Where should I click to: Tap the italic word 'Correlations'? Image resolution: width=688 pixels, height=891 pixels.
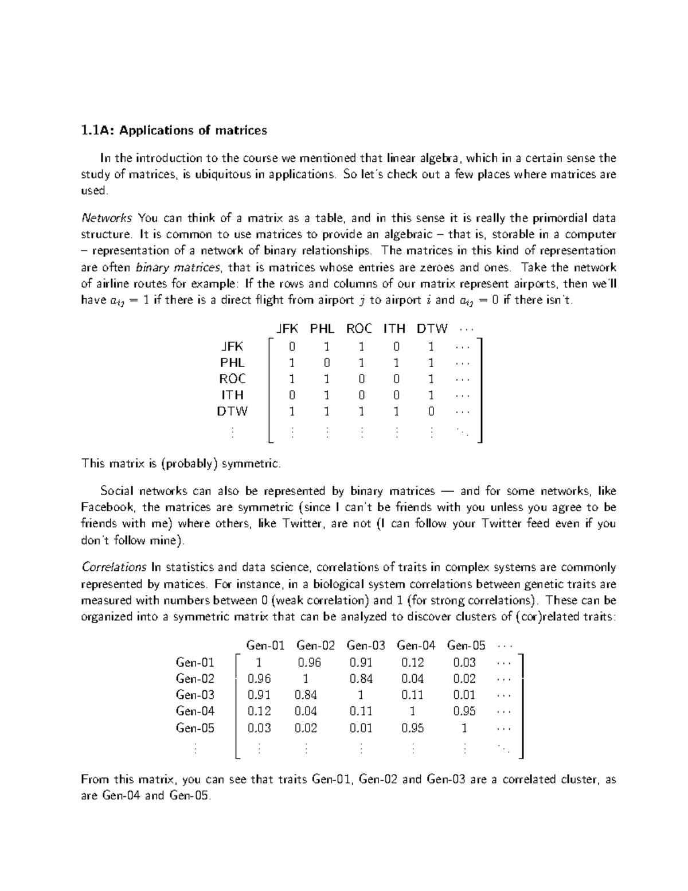(114, 567)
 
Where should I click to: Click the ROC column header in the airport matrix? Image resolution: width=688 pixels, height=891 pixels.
(359, 329)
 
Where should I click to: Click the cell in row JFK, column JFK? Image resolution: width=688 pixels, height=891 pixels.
(292, 347)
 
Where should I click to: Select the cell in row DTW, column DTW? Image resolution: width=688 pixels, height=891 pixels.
(431, 411)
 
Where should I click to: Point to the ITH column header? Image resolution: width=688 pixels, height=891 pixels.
(394, 329)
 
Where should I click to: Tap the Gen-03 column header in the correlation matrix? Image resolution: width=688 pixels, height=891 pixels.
(366, 645)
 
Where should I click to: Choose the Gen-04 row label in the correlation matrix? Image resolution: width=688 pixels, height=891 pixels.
(195, 711)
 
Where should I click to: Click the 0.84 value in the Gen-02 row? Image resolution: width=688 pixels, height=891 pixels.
(361, 679)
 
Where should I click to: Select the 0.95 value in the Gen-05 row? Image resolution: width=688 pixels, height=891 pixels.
(412, 728)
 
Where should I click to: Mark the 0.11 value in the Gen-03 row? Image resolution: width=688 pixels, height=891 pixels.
(412, 695)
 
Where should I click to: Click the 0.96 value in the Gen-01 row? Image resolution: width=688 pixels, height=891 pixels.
(310, 662)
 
